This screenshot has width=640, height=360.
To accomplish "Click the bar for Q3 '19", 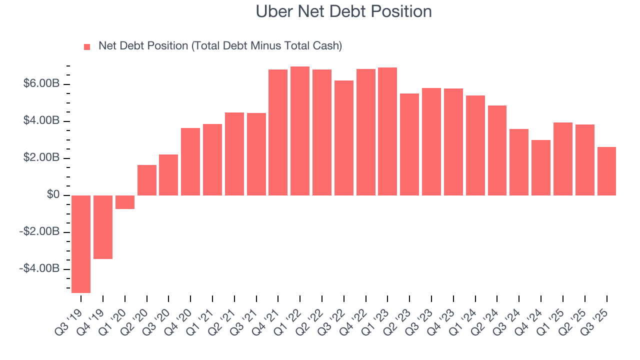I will [81, 243].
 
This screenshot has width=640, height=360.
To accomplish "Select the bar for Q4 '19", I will [103, 226].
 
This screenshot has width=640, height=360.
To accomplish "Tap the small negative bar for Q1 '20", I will [125, 201].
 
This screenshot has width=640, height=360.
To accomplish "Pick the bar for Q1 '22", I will [300, 130].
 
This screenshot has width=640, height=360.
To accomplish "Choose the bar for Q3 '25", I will [606, 170].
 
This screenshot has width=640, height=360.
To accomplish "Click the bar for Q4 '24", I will [541, 167].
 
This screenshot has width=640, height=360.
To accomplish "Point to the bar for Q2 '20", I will [147, 179].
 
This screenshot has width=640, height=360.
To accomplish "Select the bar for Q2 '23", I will [409, 144].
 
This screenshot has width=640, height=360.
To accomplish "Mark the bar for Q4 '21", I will [278, 132].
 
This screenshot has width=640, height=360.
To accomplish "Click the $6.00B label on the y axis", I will [41, 84].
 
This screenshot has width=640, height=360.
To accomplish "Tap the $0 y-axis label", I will [53, 195].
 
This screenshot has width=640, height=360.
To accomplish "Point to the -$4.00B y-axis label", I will [39, 269].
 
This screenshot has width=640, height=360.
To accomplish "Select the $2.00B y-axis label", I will [41, 158].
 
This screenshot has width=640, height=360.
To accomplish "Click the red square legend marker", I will [87, 46].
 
